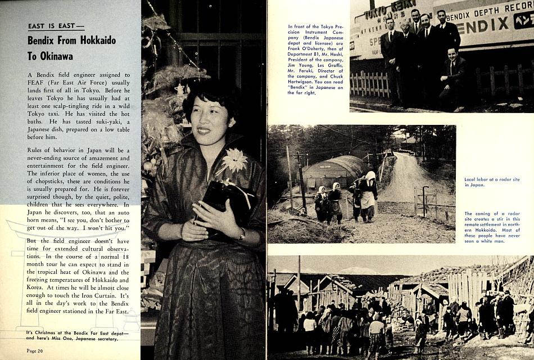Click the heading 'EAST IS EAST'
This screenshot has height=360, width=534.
click(x=55, y=26)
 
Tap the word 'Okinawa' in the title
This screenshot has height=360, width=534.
click(x=53, y=56)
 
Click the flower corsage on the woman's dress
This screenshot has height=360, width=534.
click(x=234, y=160)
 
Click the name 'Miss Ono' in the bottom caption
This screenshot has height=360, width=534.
click(x=69, y=339)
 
